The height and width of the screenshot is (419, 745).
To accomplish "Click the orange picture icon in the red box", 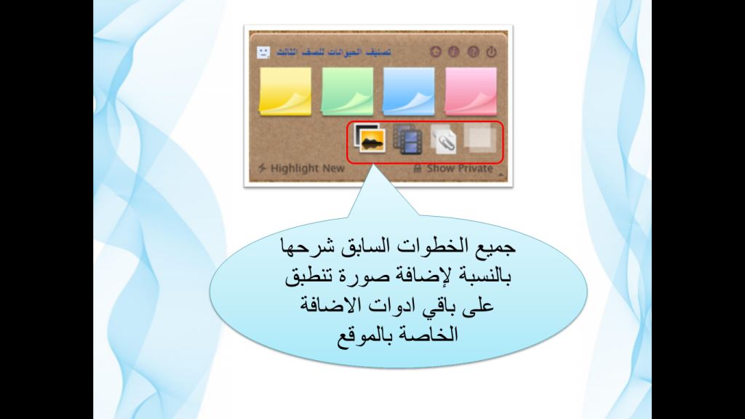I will tap(370, 138).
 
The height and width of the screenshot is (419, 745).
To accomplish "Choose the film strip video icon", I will tap(408, 139).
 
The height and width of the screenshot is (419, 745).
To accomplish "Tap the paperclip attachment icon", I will tap(443, 138).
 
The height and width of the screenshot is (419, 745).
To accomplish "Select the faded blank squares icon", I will tap(480, 137).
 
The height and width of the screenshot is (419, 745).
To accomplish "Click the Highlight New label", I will tap(307, 169).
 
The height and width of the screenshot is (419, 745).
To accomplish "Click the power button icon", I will tap(491, 52).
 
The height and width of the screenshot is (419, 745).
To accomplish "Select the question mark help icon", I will tap(473, 52).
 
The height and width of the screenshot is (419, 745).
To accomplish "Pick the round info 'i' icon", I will tap(454, 52).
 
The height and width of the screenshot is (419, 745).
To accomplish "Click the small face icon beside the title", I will tap(263, 52).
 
